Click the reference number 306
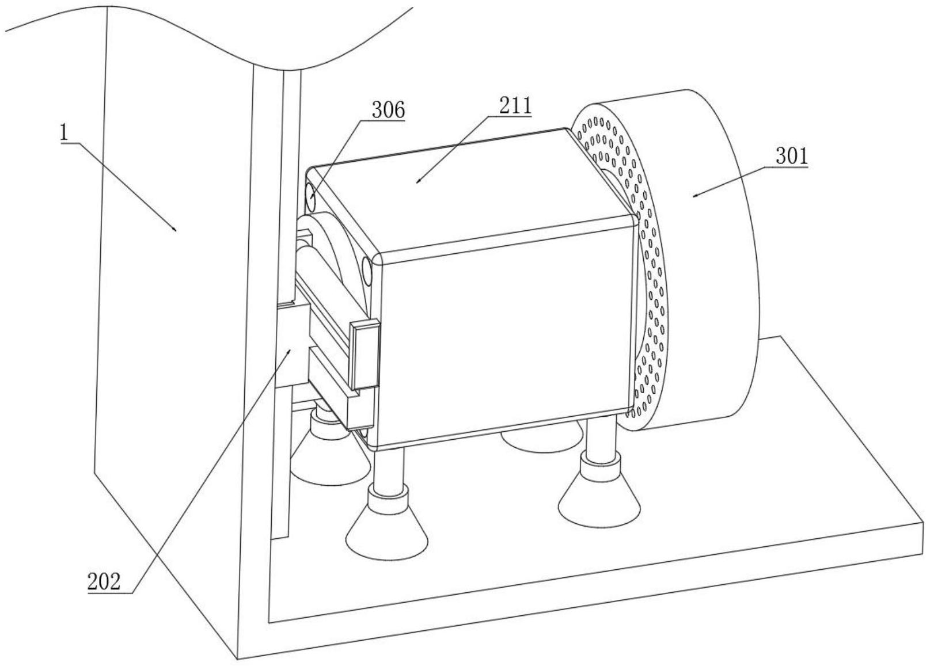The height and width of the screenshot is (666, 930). tap(388, 109)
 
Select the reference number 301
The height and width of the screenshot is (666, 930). tap(791, 157)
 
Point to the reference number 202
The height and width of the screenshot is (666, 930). tap(104, 582)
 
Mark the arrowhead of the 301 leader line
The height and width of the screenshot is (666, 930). tap(693, 196)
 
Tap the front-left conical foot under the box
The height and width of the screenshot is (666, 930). tap(387, 530)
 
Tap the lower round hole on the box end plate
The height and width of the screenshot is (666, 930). tap(367, 271)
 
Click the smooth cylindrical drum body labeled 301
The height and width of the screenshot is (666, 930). tap(714, 259)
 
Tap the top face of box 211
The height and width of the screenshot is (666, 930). tap(466, 184)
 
